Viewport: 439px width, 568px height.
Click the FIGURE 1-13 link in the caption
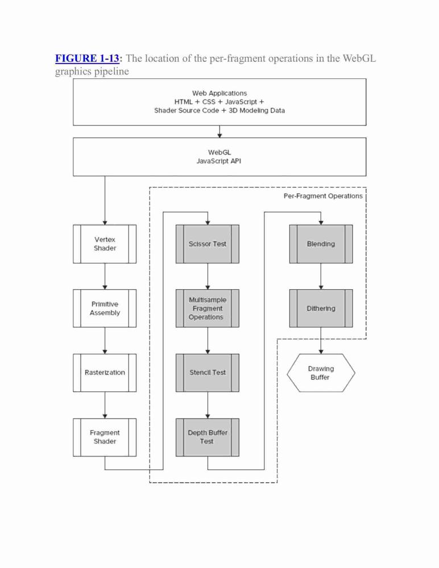click(87, 59)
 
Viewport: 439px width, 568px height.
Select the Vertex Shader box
click(105, 244)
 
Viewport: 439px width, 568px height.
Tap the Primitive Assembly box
click(105, 308)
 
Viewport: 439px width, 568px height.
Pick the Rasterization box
click(105, 373)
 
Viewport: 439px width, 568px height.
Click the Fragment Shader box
click(105, 437)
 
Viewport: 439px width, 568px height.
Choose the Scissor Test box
click(208, 244)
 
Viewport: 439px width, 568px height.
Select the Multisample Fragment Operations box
click(208, 308)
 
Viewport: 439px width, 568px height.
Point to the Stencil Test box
click(208, 373)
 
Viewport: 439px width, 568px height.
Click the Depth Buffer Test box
click(208, 437)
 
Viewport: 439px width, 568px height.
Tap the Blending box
click(321, 244)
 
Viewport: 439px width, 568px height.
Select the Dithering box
click(321, 308)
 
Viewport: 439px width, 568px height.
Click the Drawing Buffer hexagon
click(321, 373)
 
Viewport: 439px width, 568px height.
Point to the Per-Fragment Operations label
click(323, 196)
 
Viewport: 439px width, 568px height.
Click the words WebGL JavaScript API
click(219, 157)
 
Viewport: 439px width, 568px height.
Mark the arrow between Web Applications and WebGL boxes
click(219, 132)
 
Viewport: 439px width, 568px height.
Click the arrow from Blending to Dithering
click(321, 276)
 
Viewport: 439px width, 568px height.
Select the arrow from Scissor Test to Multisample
click(208, 276)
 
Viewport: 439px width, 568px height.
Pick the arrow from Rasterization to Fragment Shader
click(105, 405)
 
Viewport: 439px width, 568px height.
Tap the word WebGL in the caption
click(359, 59)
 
